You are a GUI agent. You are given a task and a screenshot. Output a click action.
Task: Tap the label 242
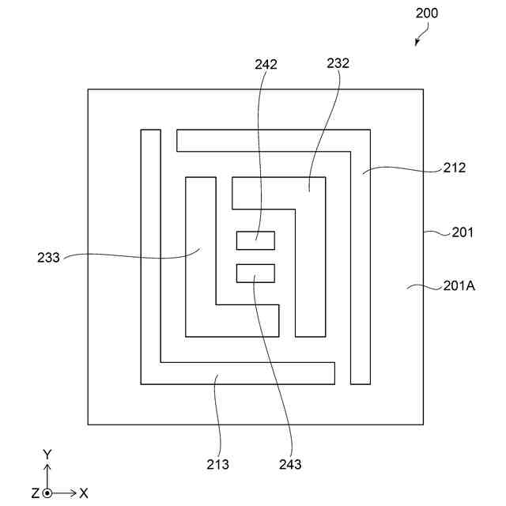(x=266, y=65)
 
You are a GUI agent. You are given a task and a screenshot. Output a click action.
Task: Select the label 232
(x=337, y=64)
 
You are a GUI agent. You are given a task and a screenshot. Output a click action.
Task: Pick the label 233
(x=49, y=257)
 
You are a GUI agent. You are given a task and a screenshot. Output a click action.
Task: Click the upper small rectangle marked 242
(x=255, y=240)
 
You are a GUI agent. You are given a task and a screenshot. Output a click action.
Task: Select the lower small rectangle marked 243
(x=255, y=273)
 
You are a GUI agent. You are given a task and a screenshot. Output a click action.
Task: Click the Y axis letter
(x=47, y=454)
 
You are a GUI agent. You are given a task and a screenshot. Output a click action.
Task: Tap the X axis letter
(x=84, y=493)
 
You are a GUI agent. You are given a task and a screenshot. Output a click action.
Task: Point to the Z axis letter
(x=35, y=493)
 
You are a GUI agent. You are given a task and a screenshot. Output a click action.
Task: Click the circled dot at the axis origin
(x=47, y=493)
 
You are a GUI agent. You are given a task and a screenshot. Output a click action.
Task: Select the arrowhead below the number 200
(x=417, y=43)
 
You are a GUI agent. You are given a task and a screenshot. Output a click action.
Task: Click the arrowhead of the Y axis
(x=47, y=467)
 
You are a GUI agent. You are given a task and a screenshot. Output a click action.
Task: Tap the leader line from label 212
(x=403, y=167)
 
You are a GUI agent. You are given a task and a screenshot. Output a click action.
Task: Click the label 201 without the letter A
(x=462, y=232)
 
